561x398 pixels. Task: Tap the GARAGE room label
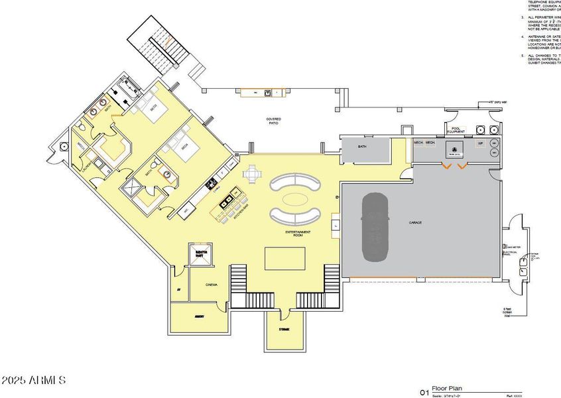click(x=416, y=222)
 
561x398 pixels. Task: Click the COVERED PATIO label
click(x=273, y=121)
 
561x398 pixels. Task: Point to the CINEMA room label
click(x=212, y=285)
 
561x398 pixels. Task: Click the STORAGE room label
click(x=284, y=329)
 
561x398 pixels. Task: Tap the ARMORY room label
click(x=198, y=317)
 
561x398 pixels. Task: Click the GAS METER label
click(x=515, y=246)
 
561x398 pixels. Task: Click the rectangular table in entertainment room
click(x=285, y=258)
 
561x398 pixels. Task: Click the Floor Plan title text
click(x=446, y=389)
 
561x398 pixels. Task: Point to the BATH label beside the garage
click(x=362, y=147)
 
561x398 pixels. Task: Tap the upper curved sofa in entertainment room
click(x=293, y=181)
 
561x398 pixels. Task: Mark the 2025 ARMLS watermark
click(x=33, y=381)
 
